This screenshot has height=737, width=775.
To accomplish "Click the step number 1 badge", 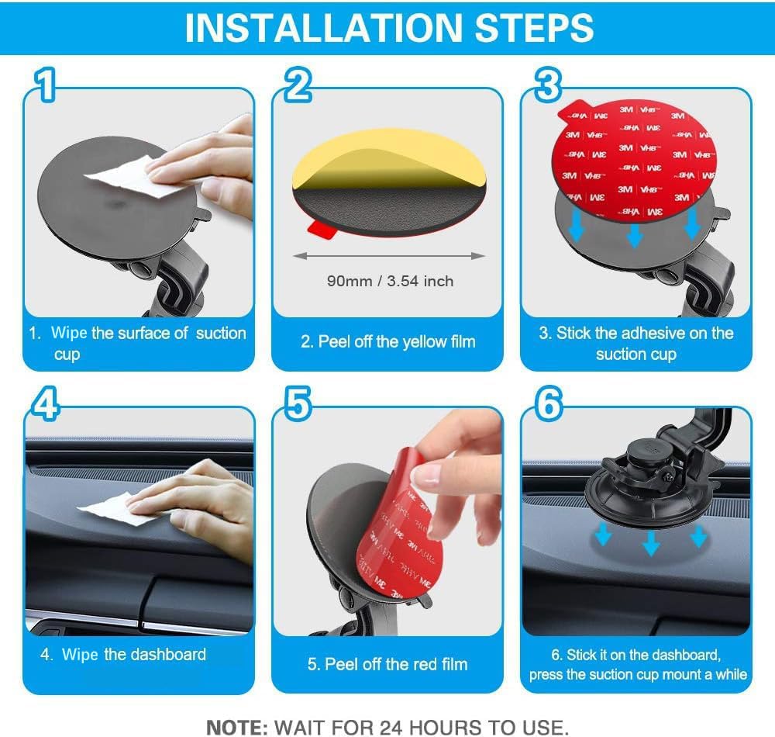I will [47, 86].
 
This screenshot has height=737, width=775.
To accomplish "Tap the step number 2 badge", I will [298, 85].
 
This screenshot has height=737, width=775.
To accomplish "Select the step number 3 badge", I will [548, 85].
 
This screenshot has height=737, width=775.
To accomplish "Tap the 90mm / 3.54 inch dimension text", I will [390, 281].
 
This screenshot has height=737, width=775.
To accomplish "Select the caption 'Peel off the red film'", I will [387, 664].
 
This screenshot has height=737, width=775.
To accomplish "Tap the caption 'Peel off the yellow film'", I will [387, 341].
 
